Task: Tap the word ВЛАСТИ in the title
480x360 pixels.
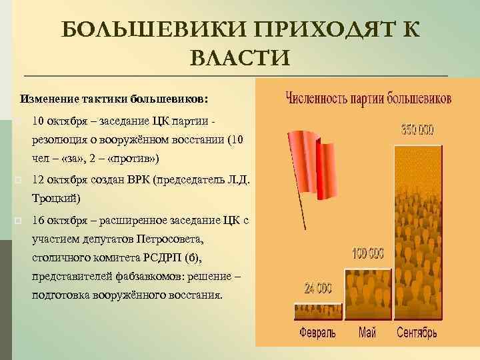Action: (x=239, y=58)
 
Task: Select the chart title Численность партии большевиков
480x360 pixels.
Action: (x=369, y=99)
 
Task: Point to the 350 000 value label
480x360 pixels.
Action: (x=417, y=129)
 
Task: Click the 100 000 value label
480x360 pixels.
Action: (x=368, y=254)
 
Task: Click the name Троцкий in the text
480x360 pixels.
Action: (x=55, y=199)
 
